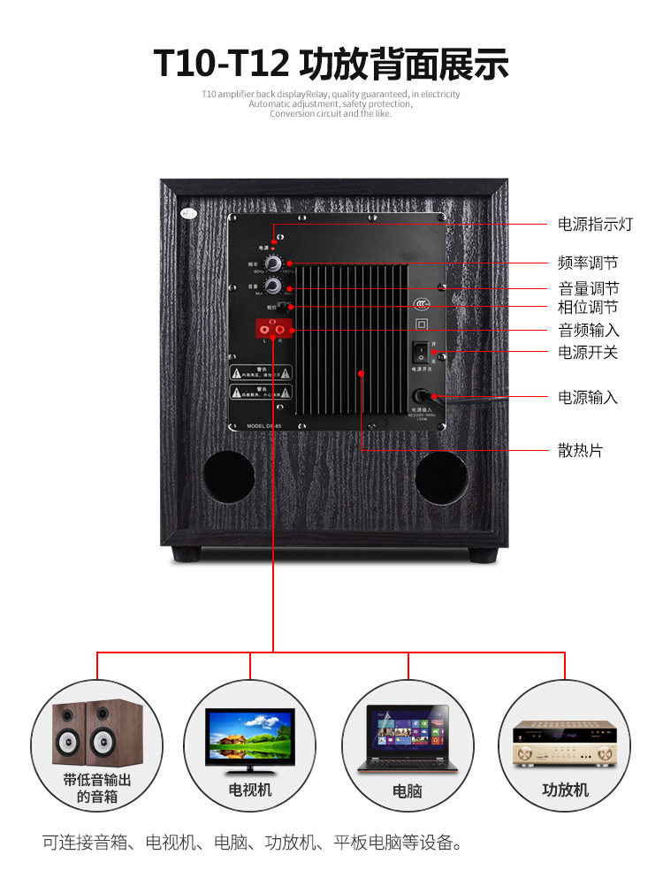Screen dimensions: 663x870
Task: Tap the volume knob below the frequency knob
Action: (x=273, y=286)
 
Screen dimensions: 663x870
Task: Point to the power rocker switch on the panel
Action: (x=423, y=350)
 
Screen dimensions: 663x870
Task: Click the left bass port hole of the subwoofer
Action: (x=229, y=477)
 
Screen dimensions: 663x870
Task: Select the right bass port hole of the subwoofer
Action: (x=441, y=477)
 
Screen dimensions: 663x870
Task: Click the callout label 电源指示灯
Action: (x=595, y=225)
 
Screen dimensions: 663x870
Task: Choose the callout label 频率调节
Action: (x=588, y=263)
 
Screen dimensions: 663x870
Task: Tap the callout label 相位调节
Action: (x=588, y=308)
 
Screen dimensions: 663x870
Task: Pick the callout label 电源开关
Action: (x=588, y=352)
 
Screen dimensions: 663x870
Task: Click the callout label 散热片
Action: (x=580, y=451)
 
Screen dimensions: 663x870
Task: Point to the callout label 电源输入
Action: (x=588, y=397)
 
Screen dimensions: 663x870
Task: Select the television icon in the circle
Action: (x=250, y=737)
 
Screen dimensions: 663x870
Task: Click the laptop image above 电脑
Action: (x=408, y=737)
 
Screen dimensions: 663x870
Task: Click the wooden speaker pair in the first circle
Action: (x=96, y=734)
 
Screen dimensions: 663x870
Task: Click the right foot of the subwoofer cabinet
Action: (x=482, y=554)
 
